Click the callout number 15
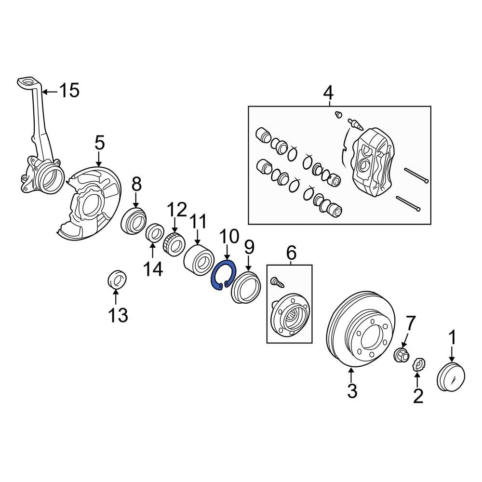(68, 90)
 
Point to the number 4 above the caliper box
(328, 92)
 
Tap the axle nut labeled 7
(401, 355)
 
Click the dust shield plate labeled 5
(89, 202)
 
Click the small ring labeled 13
(116, 280)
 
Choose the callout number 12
(176, 210)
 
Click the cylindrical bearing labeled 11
(199, 259)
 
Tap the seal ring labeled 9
(245, 288)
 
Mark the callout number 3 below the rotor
(352, 391)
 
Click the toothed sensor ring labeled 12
(174, 243)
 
